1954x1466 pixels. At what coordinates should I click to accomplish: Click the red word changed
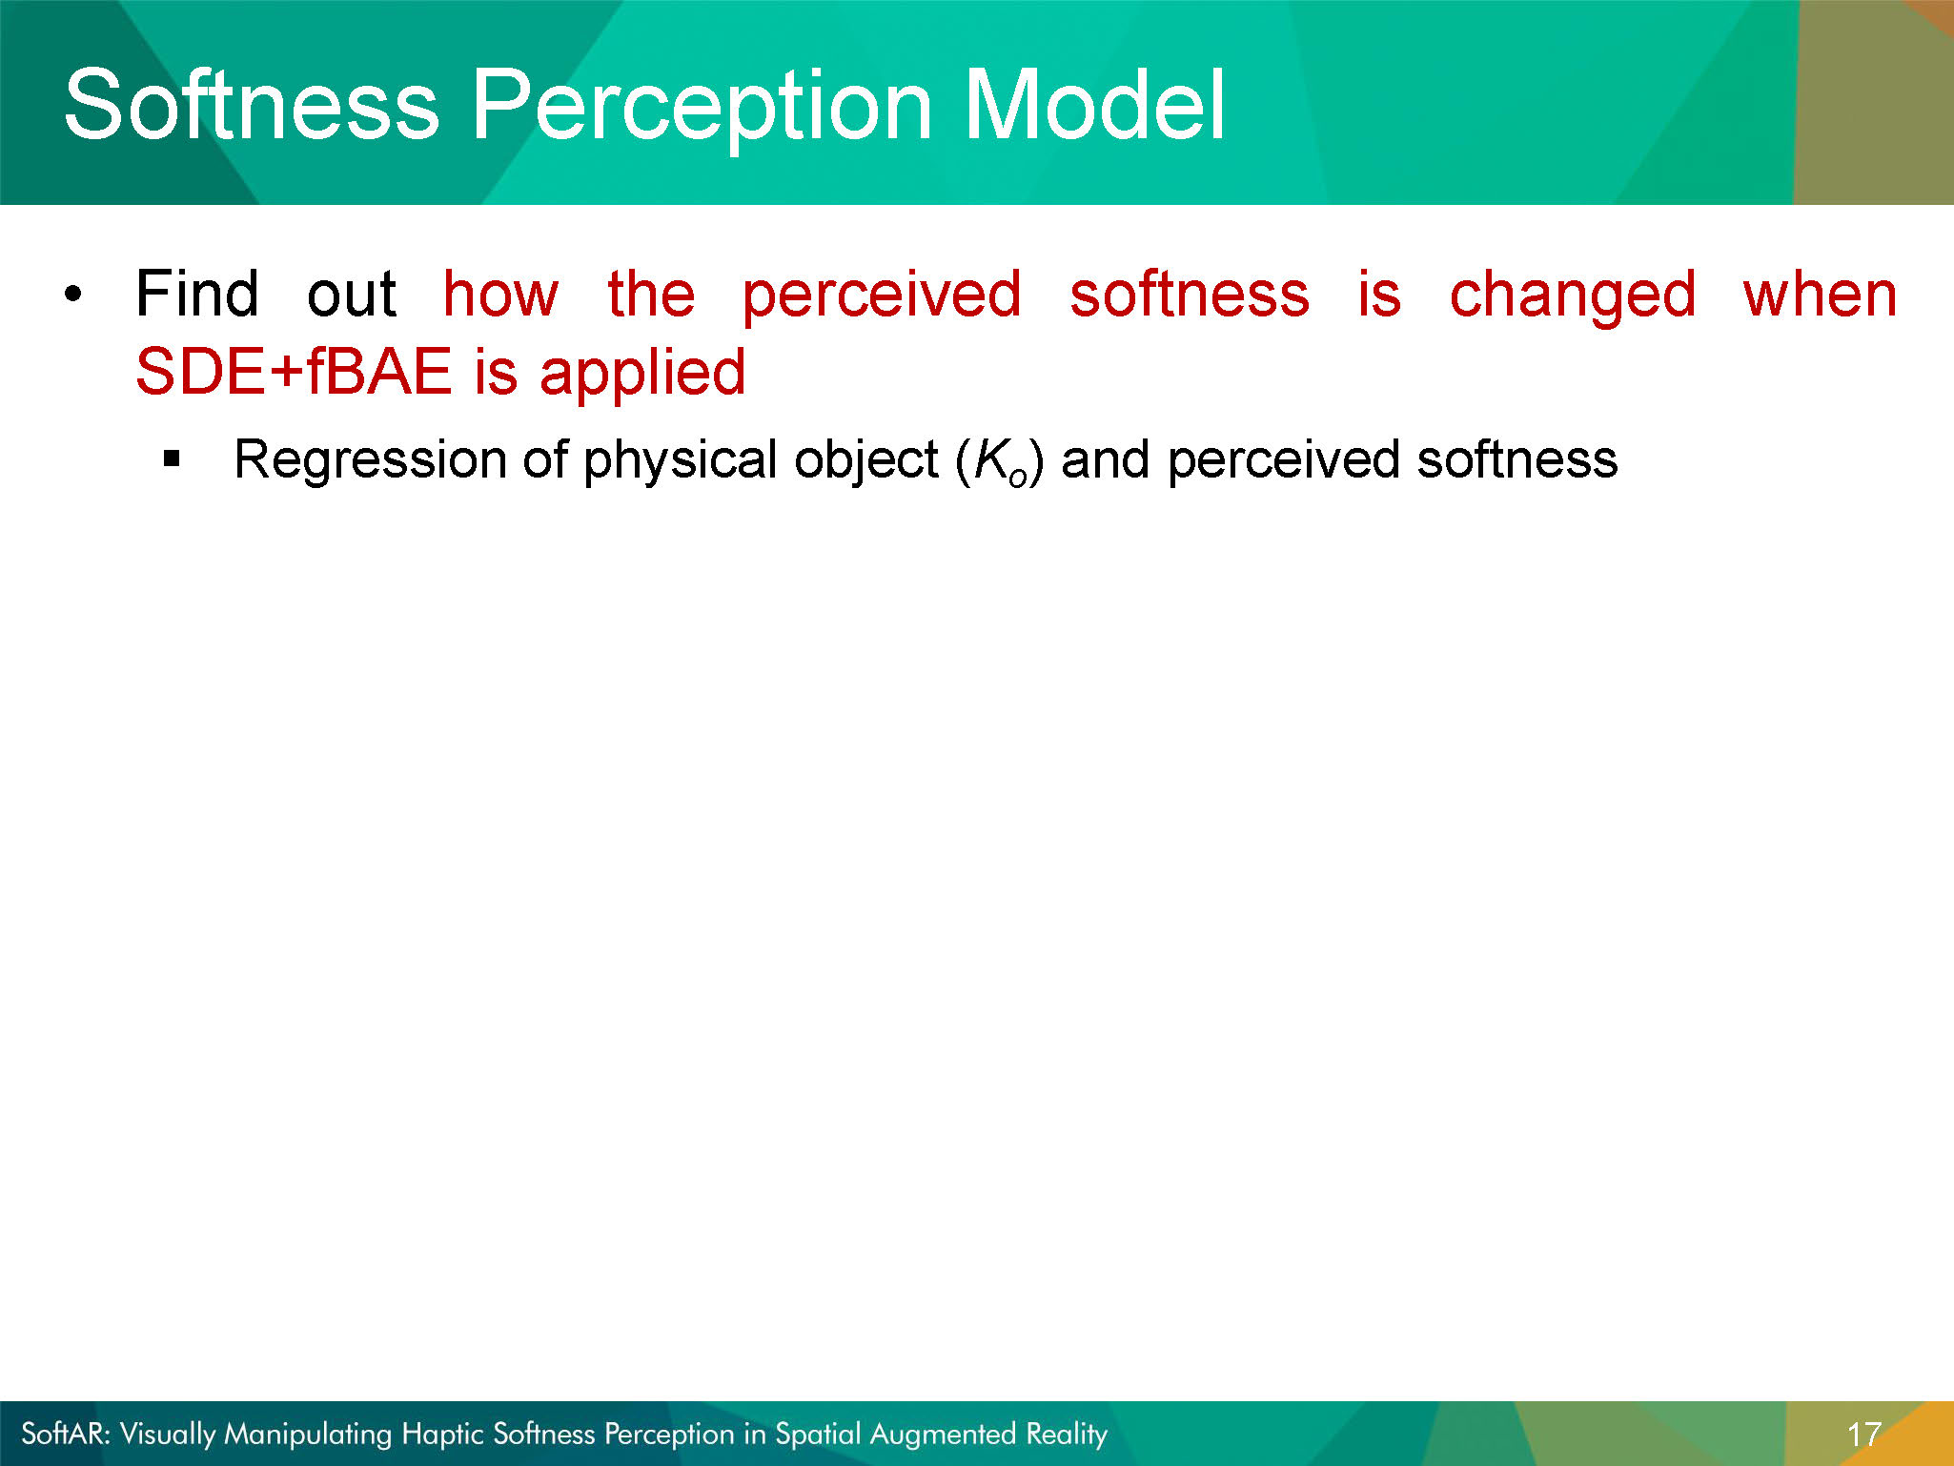point(1573,298)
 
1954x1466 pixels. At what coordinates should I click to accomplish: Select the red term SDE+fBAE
point(294,372)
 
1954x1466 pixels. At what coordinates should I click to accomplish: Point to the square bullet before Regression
point(172,459)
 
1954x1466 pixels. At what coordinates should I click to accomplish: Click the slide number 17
point(1863,1435)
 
